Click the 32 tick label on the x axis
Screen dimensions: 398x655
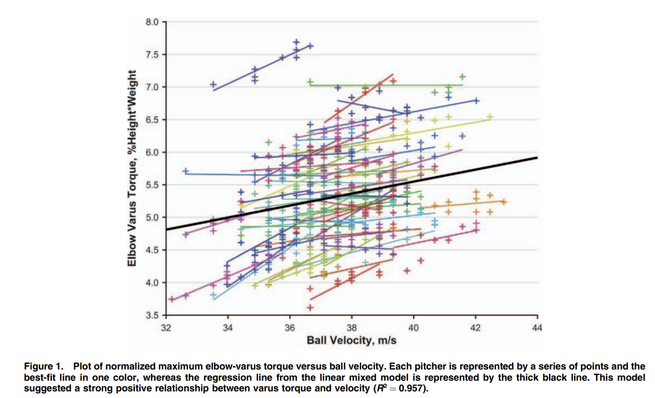click(166, 328)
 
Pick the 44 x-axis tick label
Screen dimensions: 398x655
click(537, 328)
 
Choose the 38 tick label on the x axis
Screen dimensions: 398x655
click(352, 328)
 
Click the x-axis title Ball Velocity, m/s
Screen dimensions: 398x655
click(351, 340)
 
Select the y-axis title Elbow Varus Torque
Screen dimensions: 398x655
click(132, 168)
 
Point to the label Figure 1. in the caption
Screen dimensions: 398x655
click(44, 366)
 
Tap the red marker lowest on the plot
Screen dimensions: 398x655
click(310, 307)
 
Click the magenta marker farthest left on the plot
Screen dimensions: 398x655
click(172, 299)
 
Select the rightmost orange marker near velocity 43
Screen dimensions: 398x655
click(503, 202)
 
